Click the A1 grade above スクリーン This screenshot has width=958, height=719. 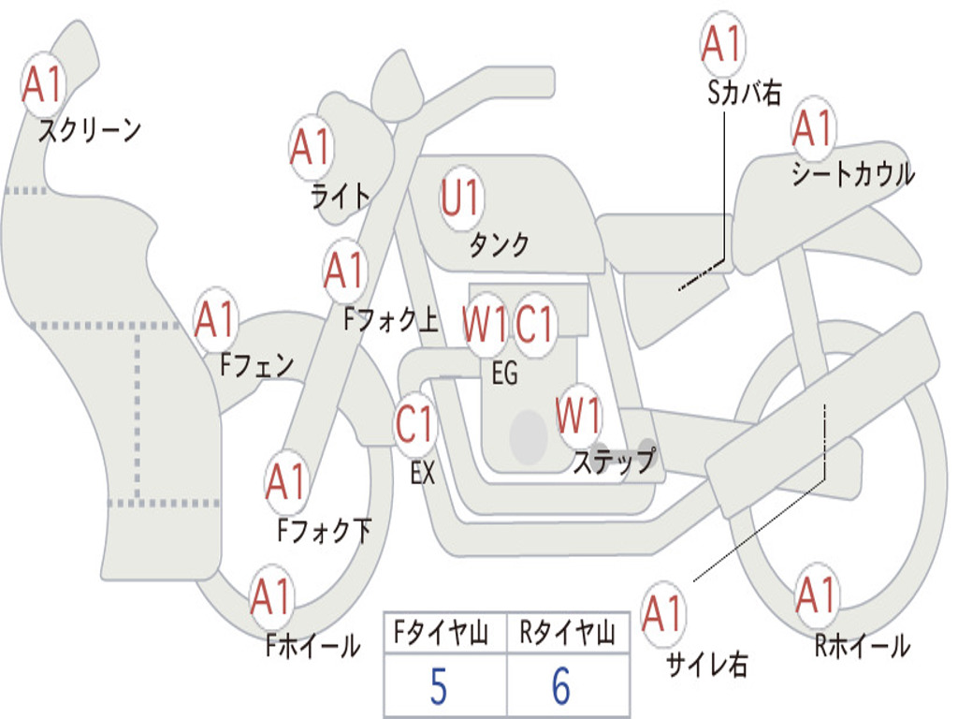pyautogui.click(x=42, y=84)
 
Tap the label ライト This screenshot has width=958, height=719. pyautogui.click(x=341, y=196)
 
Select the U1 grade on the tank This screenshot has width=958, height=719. pyautogui.click(x=460, y=198)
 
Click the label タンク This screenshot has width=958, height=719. pyautogui.click(x=499, y=244)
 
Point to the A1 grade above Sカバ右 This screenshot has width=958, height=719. pyautogui.click(x=721, y=44)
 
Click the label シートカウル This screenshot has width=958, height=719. pyautogui.click(x=852, y=174)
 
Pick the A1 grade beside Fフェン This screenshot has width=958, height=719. pyautogui.click(x=216, y=320)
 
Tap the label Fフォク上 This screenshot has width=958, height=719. pyautogui.click(x=390, y=321)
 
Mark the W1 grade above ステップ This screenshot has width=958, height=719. pyautogui.click(x=579, y=416)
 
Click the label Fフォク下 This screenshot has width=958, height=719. pyautogui.click(x=324, y=531)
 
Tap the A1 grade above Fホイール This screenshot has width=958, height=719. pyautogui.click(x=271, y=596)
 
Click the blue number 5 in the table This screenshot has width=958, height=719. pyautogui.click(x=438, y=687)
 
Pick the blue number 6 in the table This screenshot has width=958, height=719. pyautogui.click(x=561, y=687)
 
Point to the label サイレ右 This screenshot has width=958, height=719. pyautogui.click(x=707, y=664)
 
